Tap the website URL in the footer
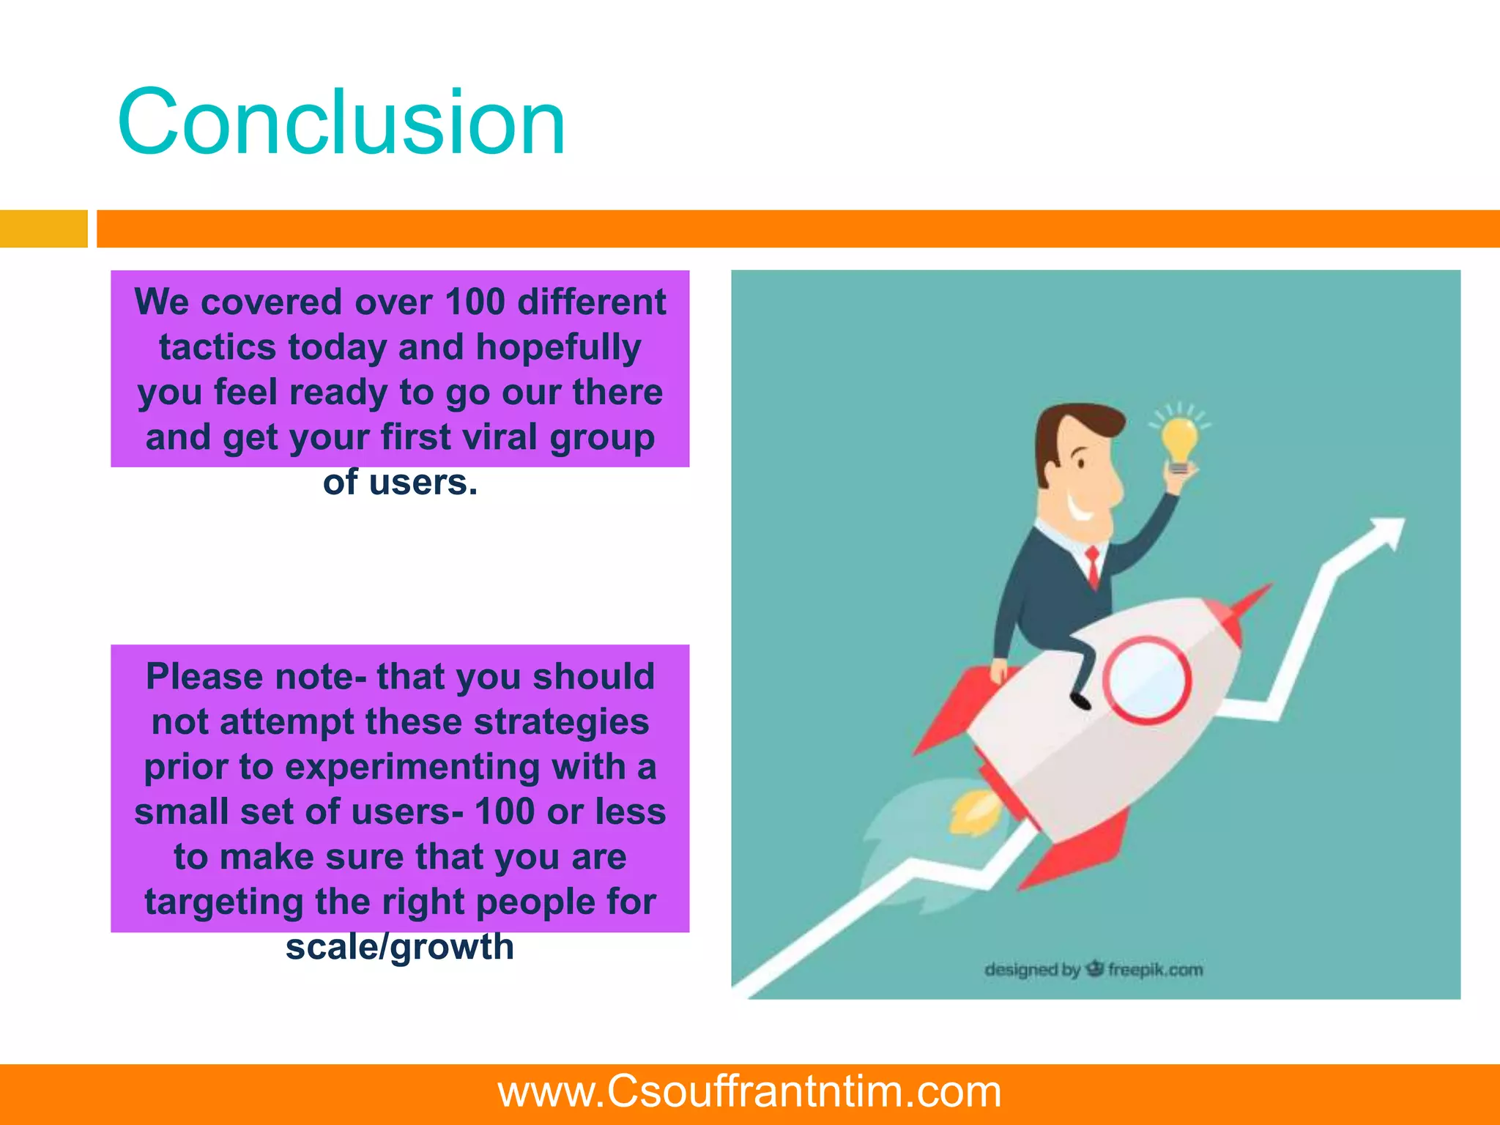[x=749, y=1091]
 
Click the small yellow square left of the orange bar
[x=43, y=229]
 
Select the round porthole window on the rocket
[x=1146, y=680]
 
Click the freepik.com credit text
[x=1155, y=970]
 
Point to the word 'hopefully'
[x=558, y=347]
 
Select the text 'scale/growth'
[x=400, y=946]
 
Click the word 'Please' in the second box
[x=204, y=677]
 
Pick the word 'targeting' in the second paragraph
[x=223, y=902]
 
